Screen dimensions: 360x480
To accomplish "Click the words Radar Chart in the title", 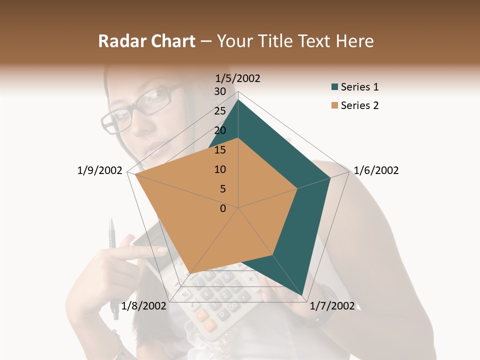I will pos(146,41).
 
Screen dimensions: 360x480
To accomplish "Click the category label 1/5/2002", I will pos(238,78).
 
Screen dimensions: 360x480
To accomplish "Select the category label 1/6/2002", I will pos(376,170).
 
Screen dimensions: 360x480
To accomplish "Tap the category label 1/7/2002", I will pos(332,306).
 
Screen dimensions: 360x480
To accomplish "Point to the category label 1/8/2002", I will pos(144,306).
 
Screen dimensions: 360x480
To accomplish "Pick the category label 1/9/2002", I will pos(99,170).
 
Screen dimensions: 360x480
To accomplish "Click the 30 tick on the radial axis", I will pos(219,91).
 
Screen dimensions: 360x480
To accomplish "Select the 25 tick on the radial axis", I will pos(219,111).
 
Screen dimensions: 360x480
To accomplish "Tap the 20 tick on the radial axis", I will pos(219,130).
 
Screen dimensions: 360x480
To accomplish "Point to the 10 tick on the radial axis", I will pos(219,169).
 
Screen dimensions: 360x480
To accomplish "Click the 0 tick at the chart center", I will pos(223,208).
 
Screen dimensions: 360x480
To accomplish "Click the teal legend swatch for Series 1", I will pos(334,87).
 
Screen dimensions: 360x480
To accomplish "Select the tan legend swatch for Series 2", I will pos(334,106).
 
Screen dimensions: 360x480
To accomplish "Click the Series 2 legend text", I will pos(359,105).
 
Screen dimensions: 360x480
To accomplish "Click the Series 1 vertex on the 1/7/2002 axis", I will pos(303,295).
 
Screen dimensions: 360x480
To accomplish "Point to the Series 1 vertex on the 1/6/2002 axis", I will pos(330,178).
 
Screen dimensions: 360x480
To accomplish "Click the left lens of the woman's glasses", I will pos(116,120).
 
